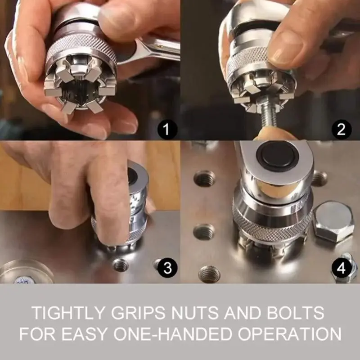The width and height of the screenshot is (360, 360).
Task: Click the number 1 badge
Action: (x=166, y=131)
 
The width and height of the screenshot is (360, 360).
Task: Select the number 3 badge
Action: (x=167, y=269)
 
